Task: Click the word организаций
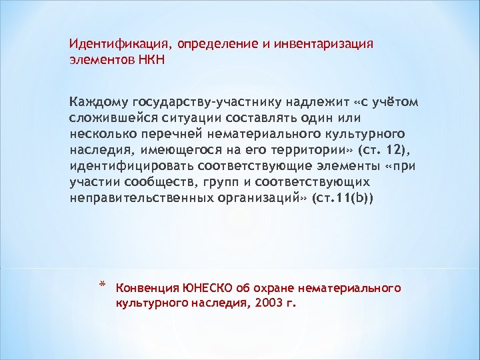[x=263, y=199]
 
